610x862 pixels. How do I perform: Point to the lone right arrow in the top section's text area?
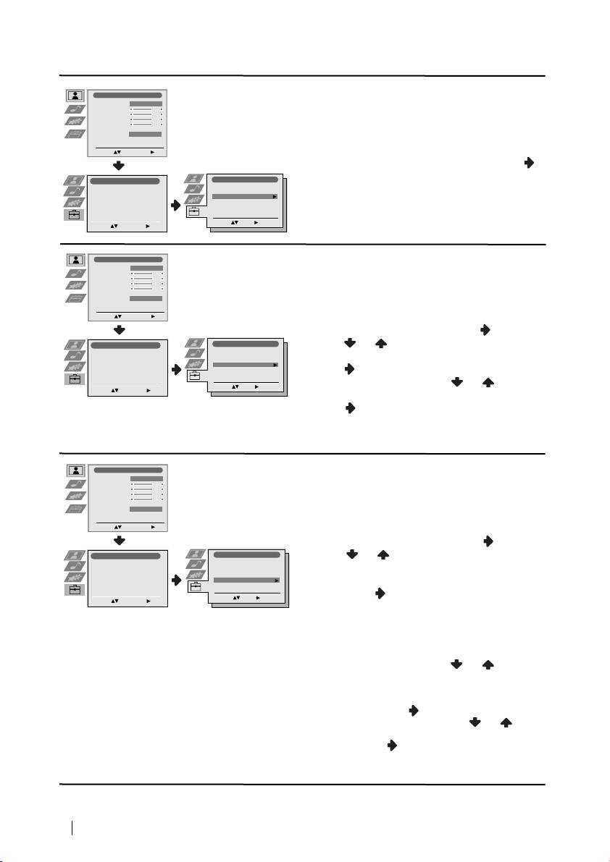(x=528, y=164)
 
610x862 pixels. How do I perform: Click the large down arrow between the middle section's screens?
(x=120, y=329)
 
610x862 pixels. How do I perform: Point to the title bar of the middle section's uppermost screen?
(x=128, y=258)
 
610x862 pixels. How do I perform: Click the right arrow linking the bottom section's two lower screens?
(x=176, y=580)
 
